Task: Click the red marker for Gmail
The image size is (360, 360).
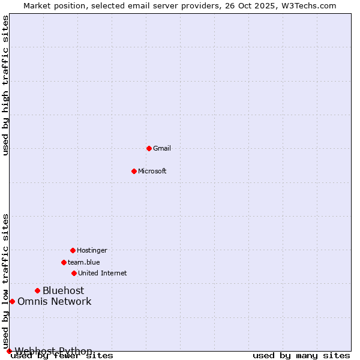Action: tap(149, 148)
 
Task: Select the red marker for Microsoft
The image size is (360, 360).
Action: tap(134, 171)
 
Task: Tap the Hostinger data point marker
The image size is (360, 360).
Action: tap(73, 250)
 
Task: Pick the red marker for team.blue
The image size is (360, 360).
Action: tap(64, 262)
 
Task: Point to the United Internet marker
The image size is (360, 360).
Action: tap(74, 273)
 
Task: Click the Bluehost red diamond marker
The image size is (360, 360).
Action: tap(37, 290)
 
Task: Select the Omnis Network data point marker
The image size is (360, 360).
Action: tap(12, 301)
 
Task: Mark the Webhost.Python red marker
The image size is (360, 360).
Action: tap(9, 351)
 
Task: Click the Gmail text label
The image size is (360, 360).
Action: tap(162, 148)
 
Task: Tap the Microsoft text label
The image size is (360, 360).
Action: tap(152, 171)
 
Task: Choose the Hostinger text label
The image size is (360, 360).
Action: tap(92, 250)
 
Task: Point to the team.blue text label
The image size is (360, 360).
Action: tap(84, 262)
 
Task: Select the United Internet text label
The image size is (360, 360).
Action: tap(103, 273)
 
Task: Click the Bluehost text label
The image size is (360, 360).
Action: tap(63, 290)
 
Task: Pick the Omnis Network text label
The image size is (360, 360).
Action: tap(54, 301)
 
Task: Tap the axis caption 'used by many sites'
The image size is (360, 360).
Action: tap(301, 355)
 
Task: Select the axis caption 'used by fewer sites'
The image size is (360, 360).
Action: tap(62, 355)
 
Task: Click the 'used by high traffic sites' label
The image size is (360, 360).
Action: tap(5, 85)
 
